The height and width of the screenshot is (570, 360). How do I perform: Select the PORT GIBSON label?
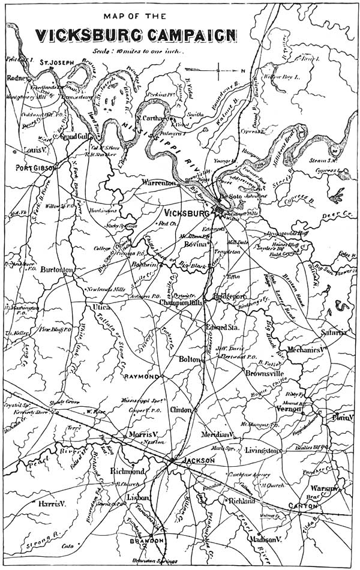click(35, 168)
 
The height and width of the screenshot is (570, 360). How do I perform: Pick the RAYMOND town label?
click(142, 376)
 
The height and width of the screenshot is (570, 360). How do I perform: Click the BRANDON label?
click(147, 541)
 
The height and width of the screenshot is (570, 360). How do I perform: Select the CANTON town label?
click(303, 506)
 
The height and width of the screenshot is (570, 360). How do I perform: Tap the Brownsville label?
click(265, 373)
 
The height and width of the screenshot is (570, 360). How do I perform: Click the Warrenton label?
click(158, 182)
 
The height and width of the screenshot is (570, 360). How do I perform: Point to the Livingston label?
click(263, 451)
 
